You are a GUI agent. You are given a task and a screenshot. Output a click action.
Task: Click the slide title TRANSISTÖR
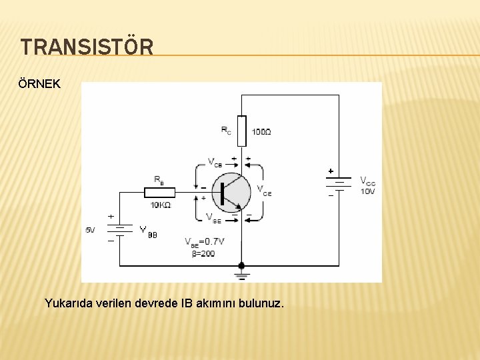87,47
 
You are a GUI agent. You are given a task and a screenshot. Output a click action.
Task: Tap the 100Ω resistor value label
261,132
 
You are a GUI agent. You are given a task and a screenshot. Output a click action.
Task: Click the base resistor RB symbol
160,193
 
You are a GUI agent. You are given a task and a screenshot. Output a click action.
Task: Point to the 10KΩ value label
160,205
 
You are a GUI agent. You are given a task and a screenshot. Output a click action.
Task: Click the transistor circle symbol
231,192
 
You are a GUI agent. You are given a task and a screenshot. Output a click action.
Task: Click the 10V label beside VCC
367,191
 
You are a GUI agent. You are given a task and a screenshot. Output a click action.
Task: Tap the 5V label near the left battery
90,230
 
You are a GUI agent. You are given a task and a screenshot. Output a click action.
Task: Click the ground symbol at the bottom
241,275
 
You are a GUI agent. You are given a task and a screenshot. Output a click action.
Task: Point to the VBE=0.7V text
204,241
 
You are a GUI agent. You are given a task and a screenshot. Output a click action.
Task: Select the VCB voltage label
215,162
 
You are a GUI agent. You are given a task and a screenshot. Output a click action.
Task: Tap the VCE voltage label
264,189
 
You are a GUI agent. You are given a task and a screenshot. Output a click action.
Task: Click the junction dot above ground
241,265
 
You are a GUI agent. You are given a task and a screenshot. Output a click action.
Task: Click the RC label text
227,130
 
